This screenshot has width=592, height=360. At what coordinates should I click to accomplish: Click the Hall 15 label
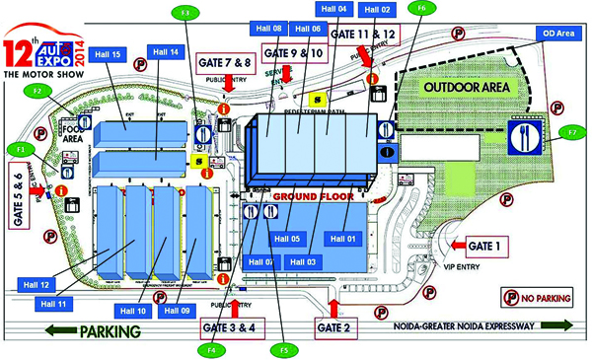[110, 54]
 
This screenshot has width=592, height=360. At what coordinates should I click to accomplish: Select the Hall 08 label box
[270, 29]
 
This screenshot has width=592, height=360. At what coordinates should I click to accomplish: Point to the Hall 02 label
[378, 10]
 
